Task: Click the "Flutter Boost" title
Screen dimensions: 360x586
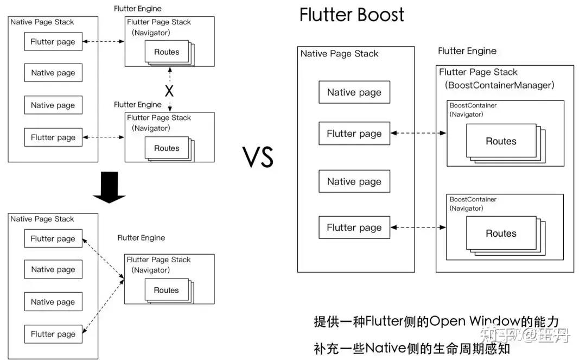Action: pyautogui.click(x=352, y=15)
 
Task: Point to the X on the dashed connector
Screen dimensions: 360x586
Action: pyautogui.click(x=169, y=89)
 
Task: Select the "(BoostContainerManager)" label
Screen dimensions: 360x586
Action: pyautogui.click(x=499, y=85)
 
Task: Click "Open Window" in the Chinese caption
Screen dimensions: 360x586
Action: pyautogui.click(x=468, y=321)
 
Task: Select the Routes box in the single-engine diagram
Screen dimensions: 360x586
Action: pyautogui.click(x=166, y=290)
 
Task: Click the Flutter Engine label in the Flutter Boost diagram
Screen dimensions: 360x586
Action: pyautogui.click(x=467, y=51)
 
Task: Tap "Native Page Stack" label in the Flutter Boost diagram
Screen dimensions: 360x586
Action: pyautogui.click(x=339, y=54)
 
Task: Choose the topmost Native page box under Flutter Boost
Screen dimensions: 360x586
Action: pyautogui.click(x=354, y=92)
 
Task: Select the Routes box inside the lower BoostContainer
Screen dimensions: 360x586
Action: pyautogui.click(x=501, y=233)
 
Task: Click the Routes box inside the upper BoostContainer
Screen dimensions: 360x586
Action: pyautogui.click(x=501, y=141)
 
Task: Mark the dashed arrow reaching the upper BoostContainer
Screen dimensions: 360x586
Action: pyautogui.click(x=418, y=133)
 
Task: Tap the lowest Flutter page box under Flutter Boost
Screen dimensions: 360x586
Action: pyautogui.click(x=354, y=228)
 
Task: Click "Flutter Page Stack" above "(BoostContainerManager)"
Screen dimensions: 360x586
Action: pyautogui.click(x=478, y=72)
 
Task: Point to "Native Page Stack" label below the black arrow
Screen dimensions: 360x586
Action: pyautogui.click(x=42, y=219)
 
